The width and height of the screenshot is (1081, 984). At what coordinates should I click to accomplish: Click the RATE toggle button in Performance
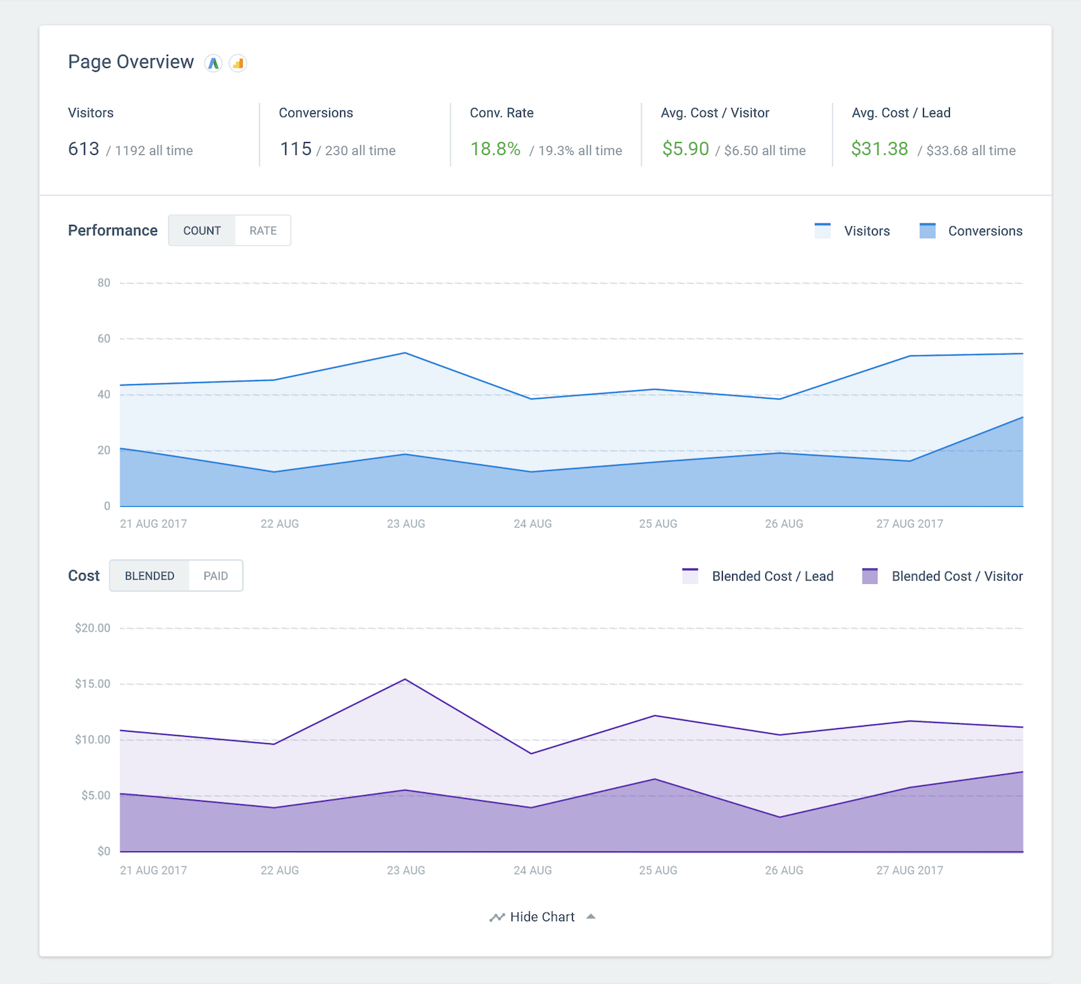(263, 231)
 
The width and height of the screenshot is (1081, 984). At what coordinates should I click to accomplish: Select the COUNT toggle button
(202, 231)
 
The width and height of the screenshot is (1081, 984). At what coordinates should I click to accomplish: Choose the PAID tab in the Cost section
(215, 576)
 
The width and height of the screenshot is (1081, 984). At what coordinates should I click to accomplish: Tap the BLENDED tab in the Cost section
(149, 576)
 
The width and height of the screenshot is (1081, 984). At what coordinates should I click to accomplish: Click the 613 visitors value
(84, 149)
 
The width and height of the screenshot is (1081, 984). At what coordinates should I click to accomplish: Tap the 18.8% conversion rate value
(495, 149)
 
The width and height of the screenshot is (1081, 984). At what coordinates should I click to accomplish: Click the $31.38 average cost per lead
(879, 149)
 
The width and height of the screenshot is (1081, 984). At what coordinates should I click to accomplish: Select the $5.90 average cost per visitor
(685, 149)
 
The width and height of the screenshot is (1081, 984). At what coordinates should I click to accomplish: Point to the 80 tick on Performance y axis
(104, 283)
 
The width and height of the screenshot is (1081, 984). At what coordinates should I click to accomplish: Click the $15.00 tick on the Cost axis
(93, 683)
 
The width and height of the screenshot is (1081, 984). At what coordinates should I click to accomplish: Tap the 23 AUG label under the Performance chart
(406, 524)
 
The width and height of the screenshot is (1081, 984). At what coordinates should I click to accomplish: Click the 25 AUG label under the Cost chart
(658, 870)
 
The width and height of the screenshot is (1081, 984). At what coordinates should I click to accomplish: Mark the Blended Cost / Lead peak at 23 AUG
(406, 679)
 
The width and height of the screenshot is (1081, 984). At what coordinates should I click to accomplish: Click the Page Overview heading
(130, 62)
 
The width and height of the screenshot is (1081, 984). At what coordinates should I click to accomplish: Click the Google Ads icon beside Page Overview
(213, 63)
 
